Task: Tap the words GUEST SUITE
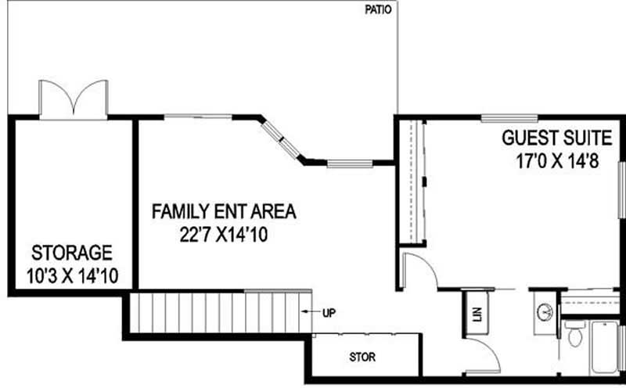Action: coord(556,139)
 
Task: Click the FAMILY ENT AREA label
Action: coord(224,211)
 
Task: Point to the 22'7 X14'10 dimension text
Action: coord(224,235)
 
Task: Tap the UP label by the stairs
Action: coord(329,314)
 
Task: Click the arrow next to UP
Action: coord(309,314)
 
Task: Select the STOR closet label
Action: coord(362,357)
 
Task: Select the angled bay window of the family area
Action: coord(282,141)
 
